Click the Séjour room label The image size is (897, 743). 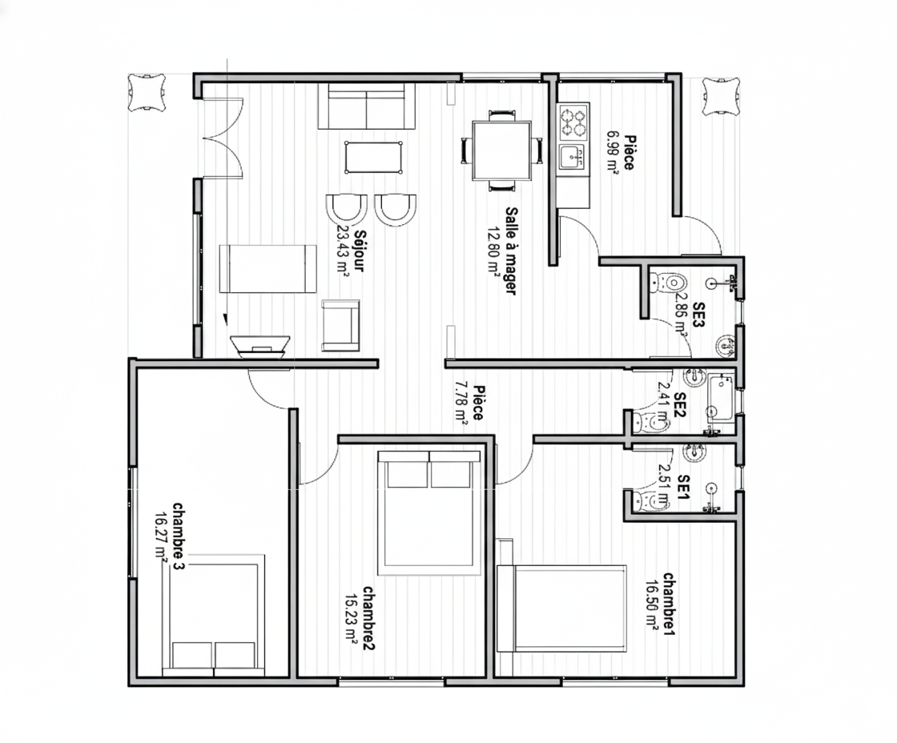click(360, 250)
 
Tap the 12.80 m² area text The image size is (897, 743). click(493, 250)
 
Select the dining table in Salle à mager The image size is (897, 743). click(501, 151)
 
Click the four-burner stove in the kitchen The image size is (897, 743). click(573, 122)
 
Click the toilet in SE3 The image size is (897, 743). click(668, 282)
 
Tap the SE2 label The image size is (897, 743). click(680, 405)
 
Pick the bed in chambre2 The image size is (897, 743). click(429, 512)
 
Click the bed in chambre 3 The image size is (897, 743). click(214, 615)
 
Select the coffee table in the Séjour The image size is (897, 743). click(373, 157)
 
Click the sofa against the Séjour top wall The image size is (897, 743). click(366, 106)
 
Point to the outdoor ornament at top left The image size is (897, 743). click(147, 92)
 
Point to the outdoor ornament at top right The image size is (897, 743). click(721, 96)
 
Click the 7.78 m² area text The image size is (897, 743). click(461, 403)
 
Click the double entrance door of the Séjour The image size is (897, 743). click(223, 137)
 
